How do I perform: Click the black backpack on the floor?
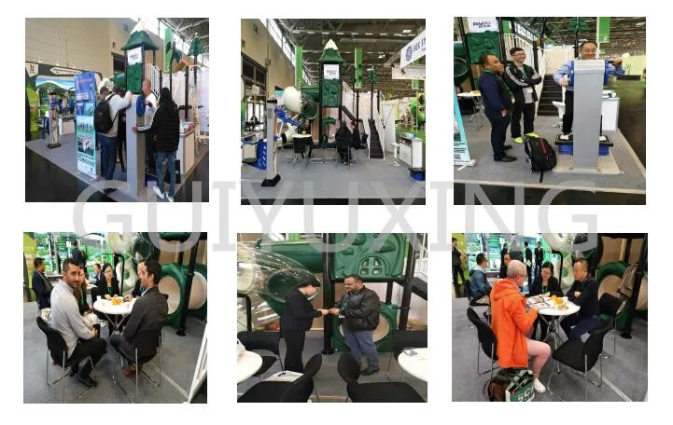tap(540, 153)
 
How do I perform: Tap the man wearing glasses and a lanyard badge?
tap(523, 89)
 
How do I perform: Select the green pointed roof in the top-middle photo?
tap(330, 52)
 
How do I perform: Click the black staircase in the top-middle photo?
tap(374, 140)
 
